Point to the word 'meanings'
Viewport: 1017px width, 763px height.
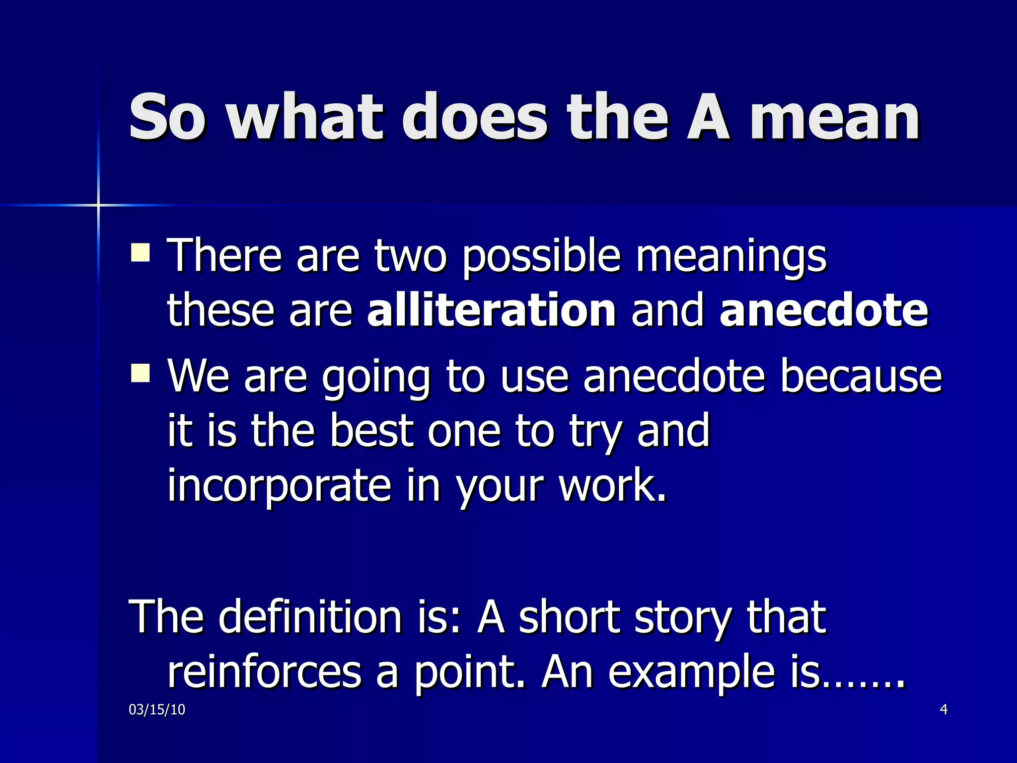click(x=731, y=257)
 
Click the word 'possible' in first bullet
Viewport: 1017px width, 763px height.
click(x=541, y=257)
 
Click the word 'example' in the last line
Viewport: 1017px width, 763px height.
click(x=692, y=674)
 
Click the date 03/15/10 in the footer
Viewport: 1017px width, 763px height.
click(x=157, y=710)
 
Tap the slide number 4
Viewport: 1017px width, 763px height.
click(x=944, y=710)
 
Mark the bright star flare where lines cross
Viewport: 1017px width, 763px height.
click(x=98, y=205)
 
